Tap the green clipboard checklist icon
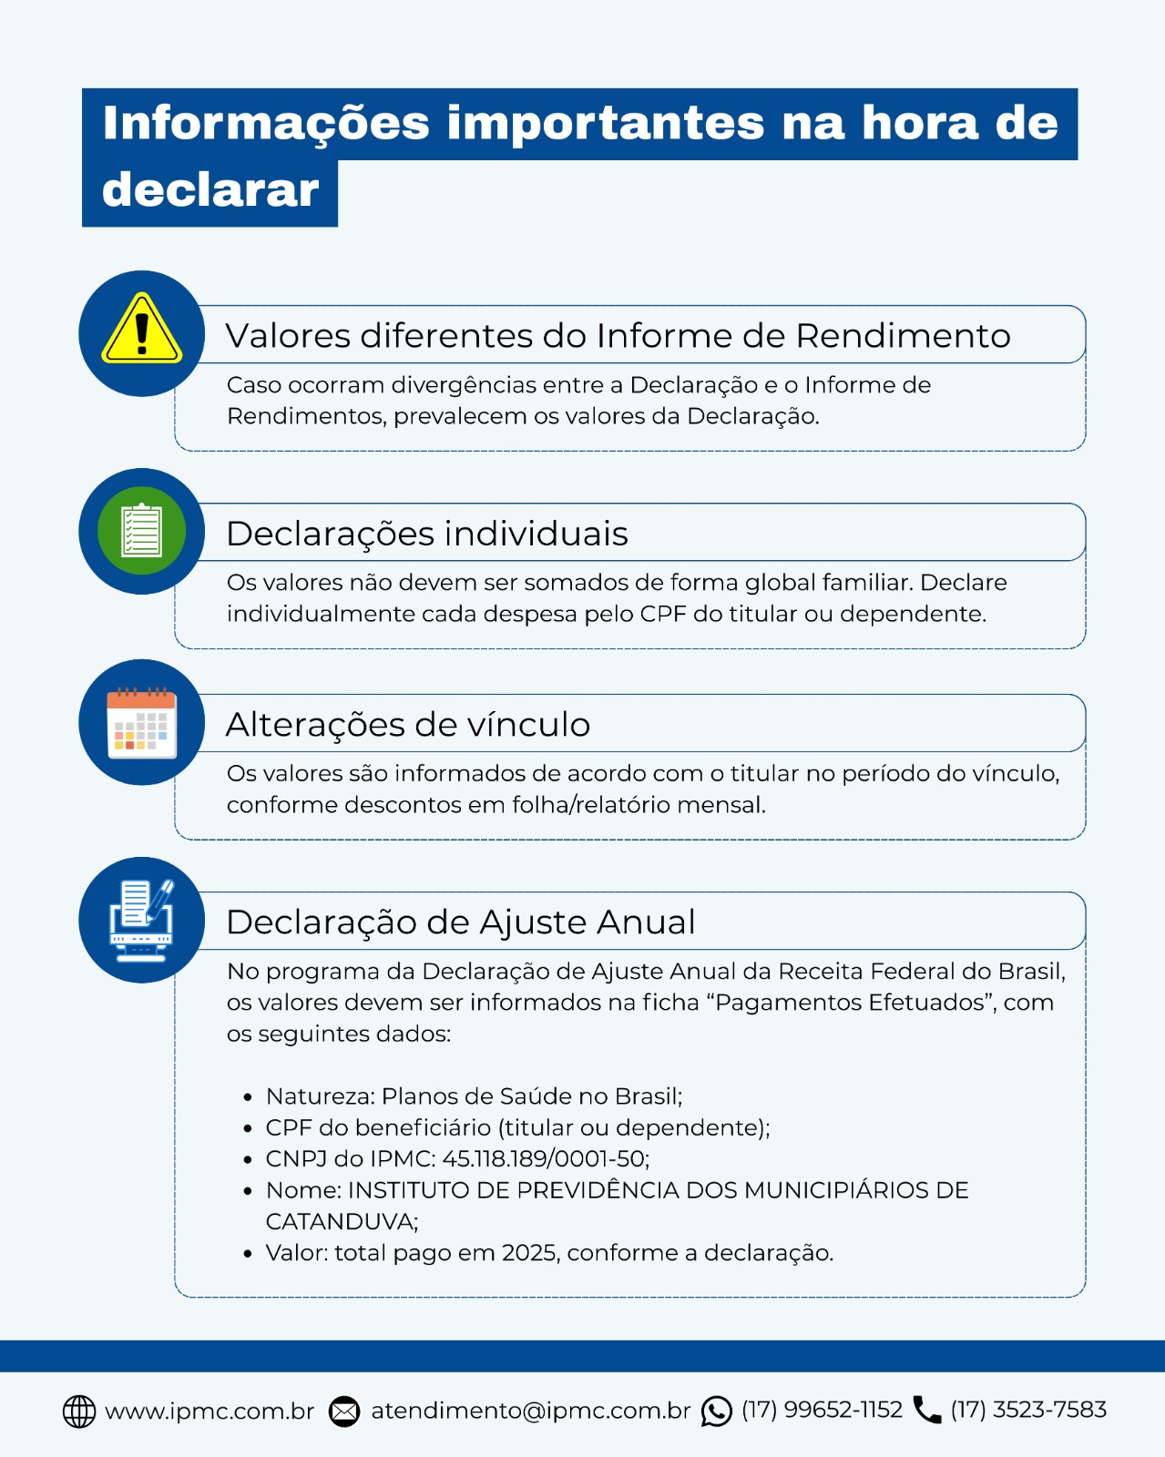(141, 530)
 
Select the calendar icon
(141, 723)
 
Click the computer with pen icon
(141, 920)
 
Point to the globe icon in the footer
(79, 1411)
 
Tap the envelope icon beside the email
(344, 1411)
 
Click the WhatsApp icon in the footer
(717, 1411)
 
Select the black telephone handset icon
(927, 1410)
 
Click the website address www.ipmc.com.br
(209, 1411)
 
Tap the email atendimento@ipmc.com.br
(531, 1411)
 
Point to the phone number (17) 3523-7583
(1028, 1410)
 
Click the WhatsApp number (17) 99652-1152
(822, 1410)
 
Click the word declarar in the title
(211, 189)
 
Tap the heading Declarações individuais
(427, 534)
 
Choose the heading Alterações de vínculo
(408, 725)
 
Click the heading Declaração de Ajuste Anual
(461, 922)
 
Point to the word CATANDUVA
(340, 1221)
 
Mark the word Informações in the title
(266, 123)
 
